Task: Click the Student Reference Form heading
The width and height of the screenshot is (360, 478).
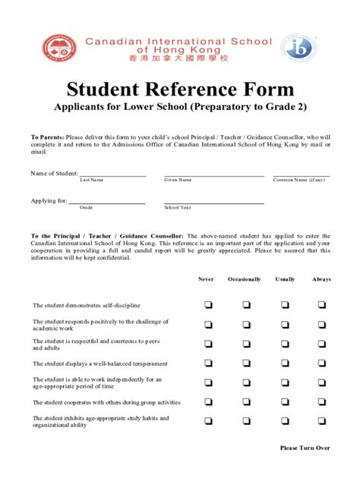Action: point(179,89)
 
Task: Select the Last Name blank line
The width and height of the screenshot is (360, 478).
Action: point(112,175)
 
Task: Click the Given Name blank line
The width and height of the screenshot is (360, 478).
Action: point(213,175)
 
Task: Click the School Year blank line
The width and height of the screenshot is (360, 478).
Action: point(213,203)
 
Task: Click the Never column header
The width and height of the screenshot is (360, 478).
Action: point(207,279)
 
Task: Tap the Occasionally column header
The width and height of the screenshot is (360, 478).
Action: point(245,279)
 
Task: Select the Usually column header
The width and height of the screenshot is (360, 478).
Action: point(286,279)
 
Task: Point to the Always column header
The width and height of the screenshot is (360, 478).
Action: point(322,279)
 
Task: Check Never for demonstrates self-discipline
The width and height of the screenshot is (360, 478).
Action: point(207,305)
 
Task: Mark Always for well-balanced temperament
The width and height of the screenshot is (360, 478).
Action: point(322,363)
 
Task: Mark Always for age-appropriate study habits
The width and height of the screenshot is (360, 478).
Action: point(322,422)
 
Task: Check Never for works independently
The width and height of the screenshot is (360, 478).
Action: point(207,383)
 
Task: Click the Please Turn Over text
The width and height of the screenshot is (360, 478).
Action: point(305,448)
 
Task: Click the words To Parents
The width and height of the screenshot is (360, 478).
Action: point(47,137)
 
